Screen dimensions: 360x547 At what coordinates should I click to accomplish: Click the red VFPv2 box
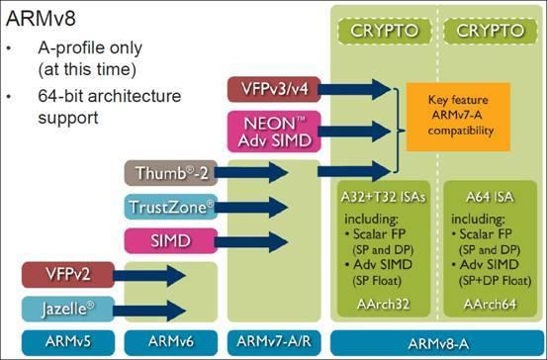click(x=59, y=274)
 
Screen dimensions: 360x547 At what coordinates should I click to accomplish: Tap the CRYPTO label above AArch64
click(x=488, y=31)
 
